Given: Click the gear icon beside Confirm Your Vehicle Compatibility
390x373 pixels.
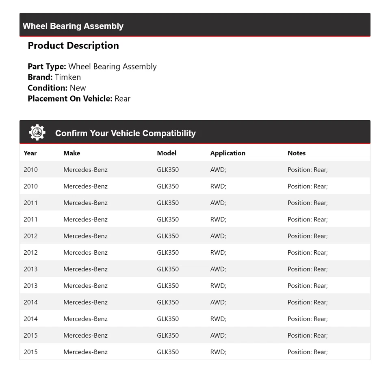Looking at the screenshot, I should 37,132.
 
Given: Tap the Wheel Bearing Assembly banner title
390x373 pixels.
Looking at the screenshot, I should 73,26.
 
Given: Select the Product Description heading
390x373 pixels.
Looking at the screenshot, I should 73,46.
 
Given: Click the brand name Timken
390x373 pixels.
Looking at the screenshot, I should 68,77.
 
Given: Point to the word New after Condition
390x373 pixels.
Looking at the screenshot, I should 78,88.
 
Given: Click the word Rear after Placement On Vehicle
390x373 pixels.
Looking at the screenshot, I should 122,98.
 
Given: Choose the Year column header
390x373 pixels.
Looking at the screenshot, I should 30,153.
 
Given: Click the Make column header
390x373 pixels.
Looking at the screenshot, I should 71,153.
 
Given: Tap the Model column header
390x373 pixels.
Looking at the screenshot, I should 167,153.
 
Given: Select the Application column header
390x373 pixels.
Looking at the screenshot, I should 227,153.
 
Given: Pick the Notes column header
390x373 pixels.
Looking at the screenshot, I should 297,153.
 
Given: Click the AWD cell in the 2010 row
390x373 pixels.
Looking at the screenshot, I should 218,170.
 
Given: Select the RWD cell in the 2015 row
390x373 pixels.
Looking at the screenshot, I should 218,352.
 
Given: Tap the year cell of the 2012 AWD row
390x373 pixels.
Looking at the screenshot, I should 30,236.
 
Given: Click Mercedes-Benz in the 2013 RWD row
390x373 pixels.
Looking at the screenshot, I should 85,286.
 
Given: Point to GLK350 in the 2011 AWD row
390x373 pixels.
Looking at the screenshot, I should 168,203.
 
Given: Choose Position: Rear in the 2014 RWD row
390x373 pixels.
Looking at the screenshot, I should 308,319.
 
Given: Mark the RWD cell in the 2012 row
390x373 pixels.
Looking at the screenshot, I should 218,253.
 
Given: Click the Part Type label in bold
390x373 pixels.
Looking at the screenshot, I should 47,67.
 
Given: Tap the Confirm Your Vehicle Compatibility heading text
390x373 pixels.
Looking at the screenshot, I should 126,133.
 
